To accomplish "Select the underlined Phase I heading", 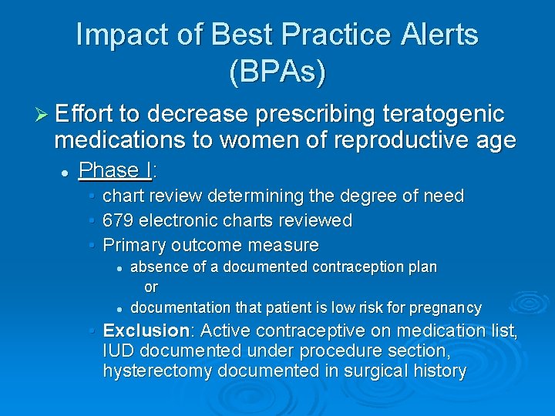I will (x=116, y=169).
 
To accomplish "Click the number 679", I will (x=118, y=221).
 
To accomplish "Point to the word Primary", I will (x=133, y=246).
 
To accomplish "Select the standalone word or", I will (x=151, y=287).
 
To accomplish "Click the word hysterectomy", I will (x=157, y=371).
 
